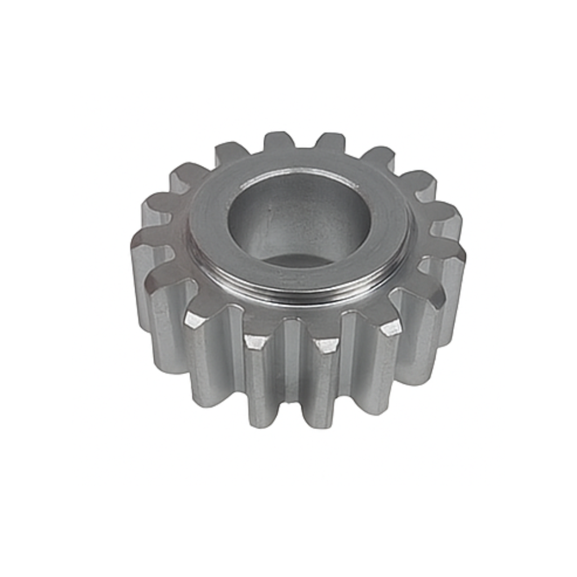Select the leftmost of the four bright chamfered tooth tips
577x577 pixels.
194,320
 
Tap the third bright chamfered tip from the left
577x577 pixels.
325,345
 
